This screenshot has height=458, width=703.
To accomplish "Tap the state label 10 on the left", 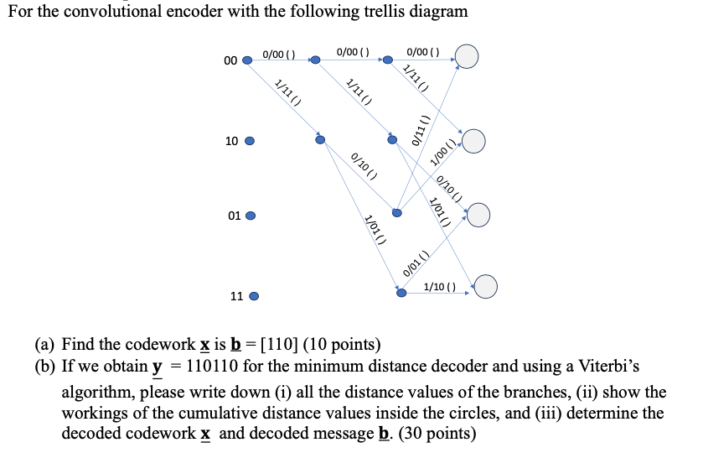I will pos(232,141).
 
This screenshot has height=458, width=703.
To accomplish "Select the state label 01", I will pos(235,216).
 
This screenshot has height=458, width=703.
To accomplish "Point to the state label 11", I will pos(236,296).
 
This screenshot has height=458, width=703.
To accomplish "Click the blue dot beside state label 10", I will pos(249,141).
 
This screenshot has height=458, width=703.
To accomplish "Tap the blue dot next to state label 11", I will pos(254,296).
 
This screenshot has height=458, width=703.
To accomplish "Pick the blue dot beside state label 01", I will pos(250,216).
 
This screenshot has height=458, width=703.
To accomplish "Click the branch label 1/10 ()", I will pos(440,287).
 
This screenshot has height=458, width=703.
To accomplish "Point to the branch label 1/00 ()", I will pos(443,152).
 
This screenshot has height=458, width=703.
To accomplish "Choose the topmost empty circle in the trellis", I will pos(466,57).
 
